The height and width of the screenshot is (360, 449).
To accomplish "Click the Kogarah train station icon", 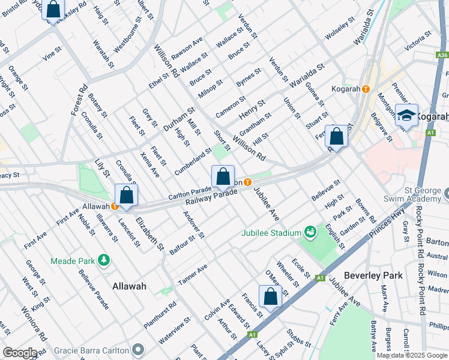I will click(x=366, y=89).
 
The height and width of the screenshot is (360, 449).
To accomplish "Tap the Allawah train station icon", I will click(x=115, y=206).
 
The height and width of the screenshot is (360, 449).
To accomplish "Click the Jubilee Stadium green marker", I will click(x=310, y=232).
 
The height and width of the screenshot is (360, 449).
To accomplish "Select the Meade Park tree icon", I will click(x=105, y=259).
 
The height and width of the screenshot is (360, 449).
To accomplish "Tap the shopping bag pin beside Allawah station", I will click(x=126, y=196).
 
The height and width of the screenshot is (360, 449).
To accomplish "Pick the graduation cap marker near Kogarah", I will click(x=406, y=116).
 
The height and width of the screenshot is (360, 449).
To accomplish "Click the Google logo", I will click(x=20, y=353).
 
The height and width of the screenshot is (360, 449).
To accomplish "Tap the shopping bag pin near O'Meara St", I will click(x=270, y=296).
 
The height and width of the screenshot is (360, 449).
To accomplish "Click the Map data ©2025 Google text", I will click(x=412, y=355).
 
